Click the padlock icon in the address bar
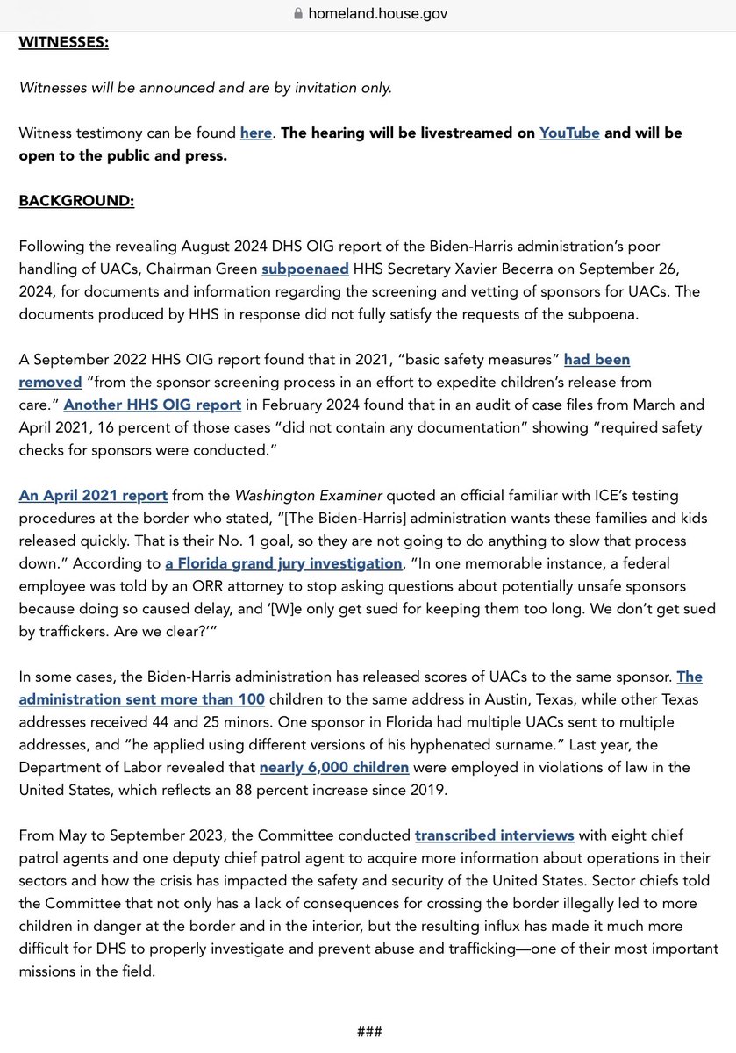tap(298, 13)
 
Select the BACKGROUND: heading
tap(76, 200)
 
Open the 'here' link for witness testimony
tap(256, 133)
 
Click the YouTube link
tap(569, 133)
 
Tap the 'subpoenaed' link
tap(305, 269)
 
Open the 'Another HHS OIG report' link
tap(152, 405)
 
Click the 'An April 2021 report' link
tap(93, 495)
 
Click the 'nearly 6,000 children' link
tap(334, 767)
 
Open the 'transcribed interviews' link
tap(495, 835)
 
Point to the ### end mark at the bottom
tap(368, 1031)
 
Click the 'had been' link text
tap(597, 359)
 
